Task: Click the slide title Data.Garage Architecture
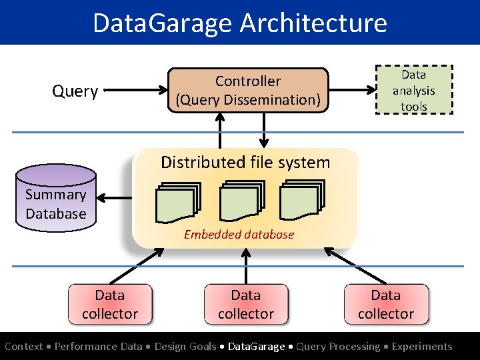[240, 23]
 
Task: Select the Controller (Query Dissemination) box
[247, 91]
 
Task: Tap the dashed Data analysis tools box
[413, 90]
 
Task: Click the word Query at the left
[75, 91]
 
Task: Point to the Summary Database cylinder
[56, 200]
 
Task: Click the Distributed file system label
[245, 163]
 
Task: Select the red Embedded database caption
[239, 234]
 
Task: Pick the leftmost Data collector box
[110, 305]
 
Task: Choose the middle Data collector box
[246, 305]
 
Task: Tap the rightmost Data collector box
[386, 305]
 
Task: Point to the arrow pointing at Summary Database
[116, 198]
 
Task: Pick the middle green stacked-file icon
[241, 202]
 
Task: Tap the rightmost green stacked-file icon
[303, 202]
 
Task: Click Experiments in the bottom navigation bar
[421, 347]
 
